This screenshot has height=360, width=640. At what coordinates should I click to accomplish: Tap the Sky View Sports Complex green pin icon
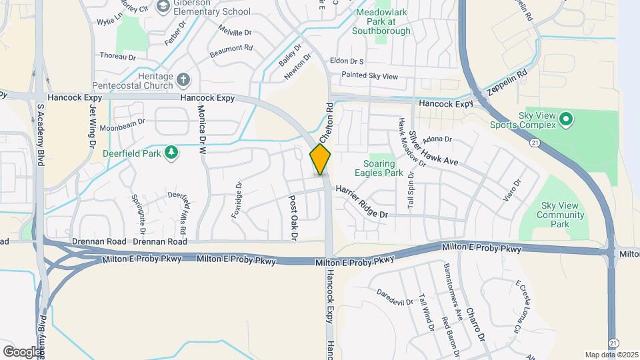[x=566, y=120]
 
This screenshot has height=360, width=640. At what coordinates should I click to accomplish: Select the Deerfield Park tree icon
[x=172, y=153]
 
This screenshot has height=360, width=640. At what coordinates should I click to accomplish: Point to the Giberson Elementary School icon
[x=163, y=6]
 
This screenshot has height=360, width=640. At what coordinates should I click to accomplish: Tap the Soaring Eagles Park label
[x=383, y=168]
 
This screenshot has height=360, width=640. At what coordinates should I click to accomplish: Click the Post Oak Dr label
[x=293, y=217]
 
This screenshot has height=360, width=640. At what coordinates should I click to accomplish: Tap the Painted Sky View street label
[x=369, y=77]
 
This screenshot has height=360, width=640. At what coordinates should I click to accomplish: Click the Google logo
[x=22, y=351]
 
